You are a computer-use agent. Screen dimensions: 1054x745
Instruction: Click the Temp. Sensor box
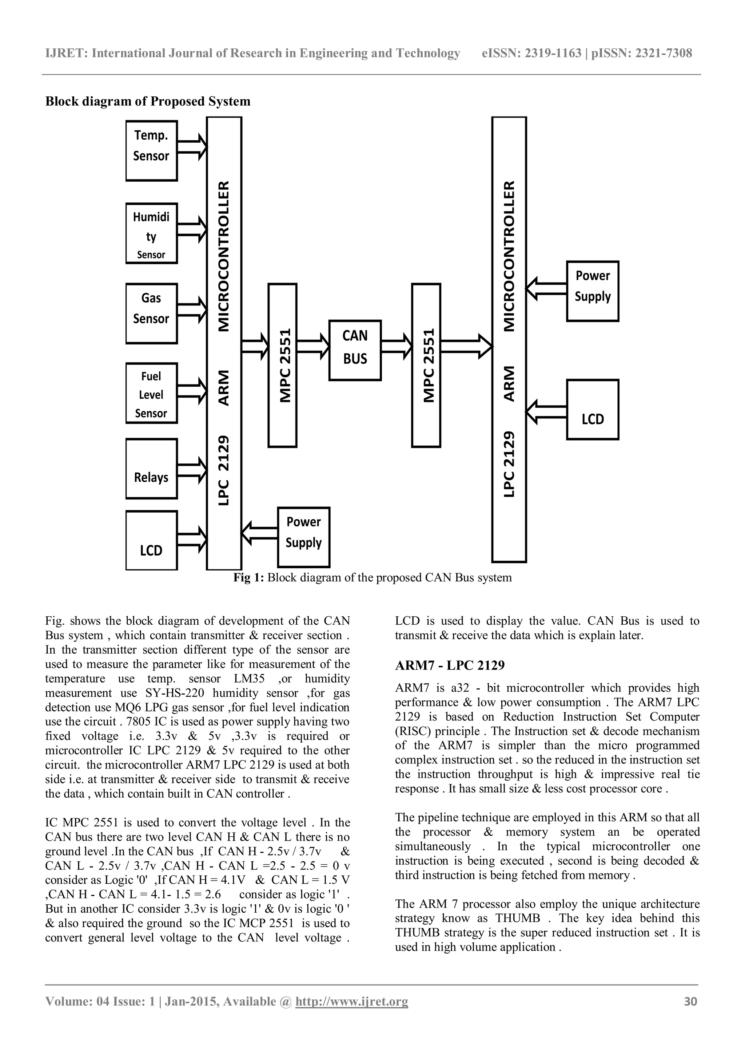tap(151, 151)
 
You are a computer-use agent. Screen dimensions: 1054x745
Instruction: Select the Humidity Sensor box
tap(151, 233)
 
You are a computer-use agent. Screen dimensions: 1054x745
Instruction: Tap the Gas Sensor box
tap(151, 313)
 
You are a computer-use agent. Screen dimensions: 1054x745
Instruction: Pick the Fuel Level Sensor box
tap(151, 393)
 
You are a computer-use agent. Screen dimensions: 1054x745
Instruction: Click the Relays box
tap(151, 469)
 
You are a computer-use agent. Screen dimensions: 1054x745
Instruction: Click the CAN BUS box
tap(355, 350)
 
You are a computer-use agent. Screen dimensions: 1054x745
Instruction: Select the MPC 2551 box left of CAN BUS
tap(283, 365)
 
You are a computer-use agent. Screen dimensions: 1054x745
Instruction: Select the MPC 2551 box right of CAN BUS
tap(426, 365)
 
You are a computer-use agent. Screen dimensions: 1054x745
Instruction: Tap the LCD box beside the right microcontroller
tap(593, 410)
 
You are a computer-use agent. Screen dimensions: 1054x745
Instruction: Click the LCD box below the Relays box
tap(151, 541)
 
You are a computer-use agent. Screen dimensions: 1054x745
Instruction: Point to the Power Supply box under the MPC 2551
tap(304, 537)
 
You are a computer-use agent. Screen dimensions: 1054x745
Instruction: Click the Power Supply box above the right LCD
tap(593, 291)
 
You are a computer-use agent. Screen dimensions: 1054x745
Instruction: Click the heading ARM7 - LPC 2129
tap(450, 665)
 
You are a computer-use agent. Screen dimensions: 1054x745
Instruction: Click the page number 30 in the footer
tap(690, 1014)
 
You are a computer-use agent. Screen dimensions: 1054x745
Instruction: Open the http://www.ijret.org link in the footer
tap(351, 1014)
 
